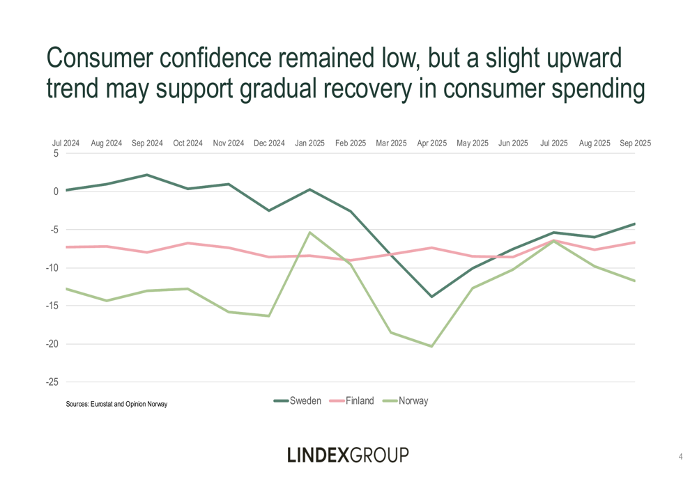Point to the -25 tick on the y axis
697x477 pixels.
coord(53,382)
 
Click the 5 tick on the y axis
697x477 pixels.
coord(56,154)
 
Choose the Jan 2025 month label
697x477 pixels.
coord(309,143)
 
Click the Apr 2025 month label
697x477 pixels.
coord(431,143)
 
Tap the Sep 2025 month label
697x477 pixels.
coord(635,143)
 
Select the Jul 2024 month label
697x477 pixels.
coord(66,143)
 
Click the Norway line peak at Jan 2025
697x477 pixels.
coord(309,233)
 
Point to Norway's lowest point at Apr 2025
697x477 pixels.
coord(431,346)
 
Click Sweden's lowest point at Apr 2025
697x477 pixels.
coord(431,297)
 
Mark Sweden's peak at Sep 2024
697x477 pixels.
coord(147,175)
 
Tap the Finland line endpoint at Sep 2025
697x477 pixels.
coord(634,242)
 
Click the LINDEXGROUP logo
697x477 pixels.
coord(348,455)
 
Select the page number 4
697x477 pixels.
coord(680,457)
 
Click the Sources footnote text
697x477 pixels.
coord(116,404)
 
